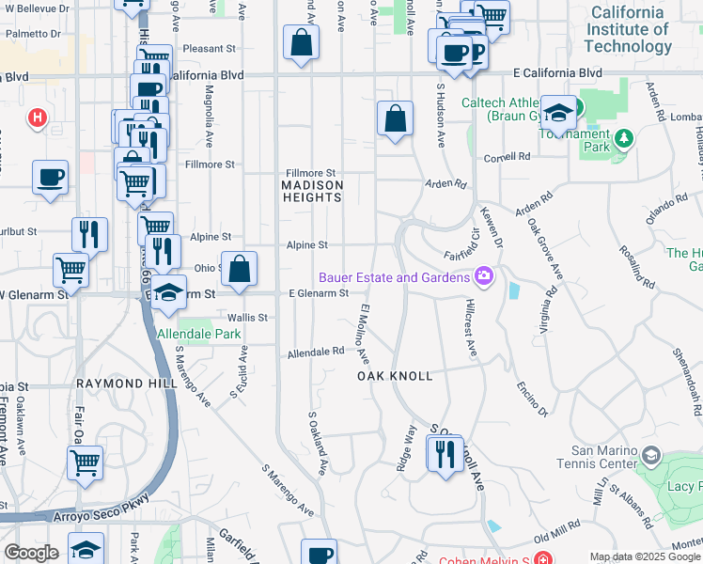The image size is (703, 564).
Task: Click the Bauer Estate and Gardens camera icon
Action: point(484,276)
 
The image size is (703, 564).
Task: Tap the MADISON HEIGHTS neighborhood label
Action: point(312,192)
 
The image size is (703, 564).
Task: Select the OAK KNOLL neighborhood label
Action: point(395,376)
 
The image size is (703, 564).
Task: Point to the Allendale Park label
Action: point(199,334)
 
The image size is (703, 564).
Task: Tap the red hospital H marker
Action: point(38,117)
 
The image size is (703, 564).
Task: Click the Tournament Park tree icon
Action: point(622,141)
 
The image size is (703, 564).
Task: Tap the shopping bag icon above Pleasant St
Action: point(301,42)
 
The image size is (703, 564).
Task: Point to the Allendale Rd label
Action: point(315,352)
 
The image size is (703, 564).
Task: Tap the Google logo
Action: point(31,553)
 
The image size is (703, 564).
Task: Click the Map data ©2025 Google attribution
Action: point(644,556)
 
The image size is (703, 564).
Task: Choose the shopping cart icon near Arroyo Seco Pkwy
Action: point(85,463)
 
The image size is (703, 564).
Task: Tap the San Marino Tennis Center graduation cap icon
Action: point(650,458)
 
